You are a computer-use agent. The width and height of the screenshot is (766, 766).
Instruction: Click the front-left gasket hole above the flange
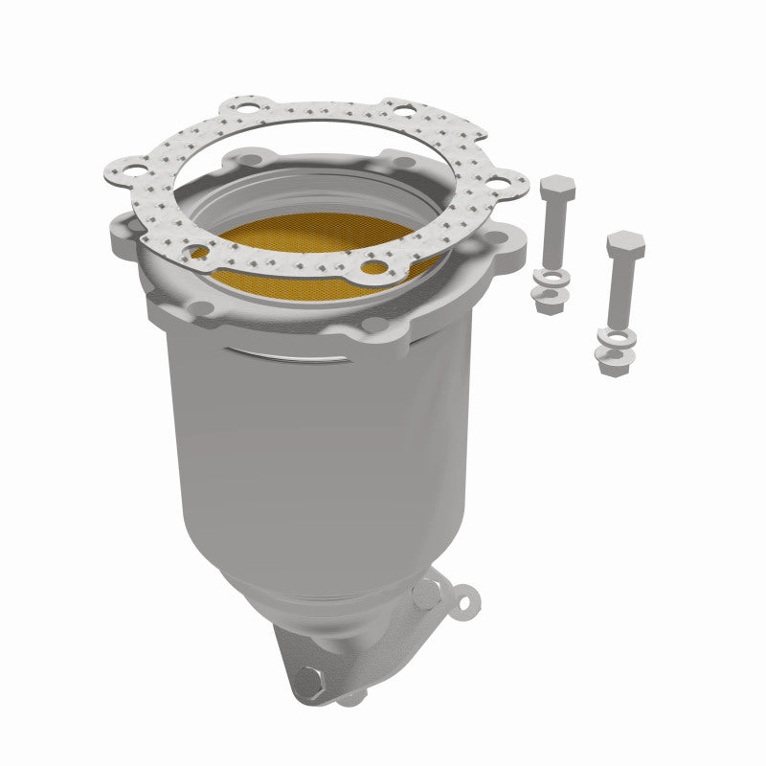click(198, 253)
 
